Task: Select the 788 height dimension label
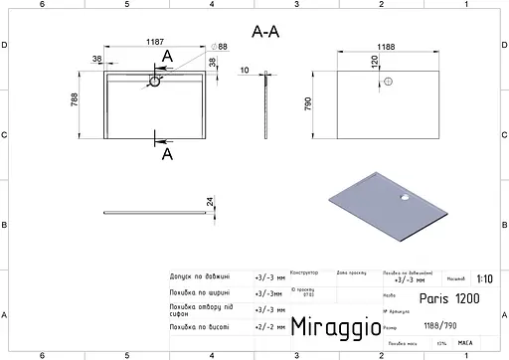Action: (x=87, y=98)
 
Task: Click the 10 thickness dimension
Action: (x=245, y=70)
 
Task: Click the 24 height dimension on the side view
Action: (x=209, y=203)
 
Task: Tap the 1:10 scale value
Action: (x=482, y=279)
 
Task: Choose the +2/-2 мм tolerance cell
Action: (x=269, y=325)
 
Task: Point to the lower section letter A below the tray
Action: (x=166, y=154)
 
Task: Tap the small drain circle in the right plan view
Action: (x=388, y=83)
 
